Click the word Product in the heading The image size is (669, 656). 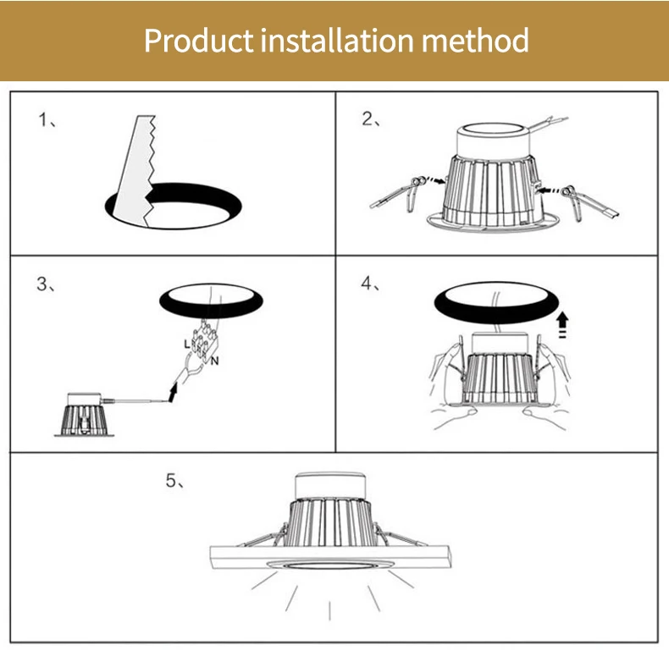tap(198, 40)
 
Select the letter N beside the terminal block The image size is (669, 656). tap(216, 361)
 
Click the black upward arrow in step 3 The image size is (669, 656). tap(174, 391)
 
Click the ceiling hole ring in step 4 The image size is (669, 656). tap(495, 302)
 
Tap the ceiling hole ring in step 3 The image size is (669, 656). tap(213, 300)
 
